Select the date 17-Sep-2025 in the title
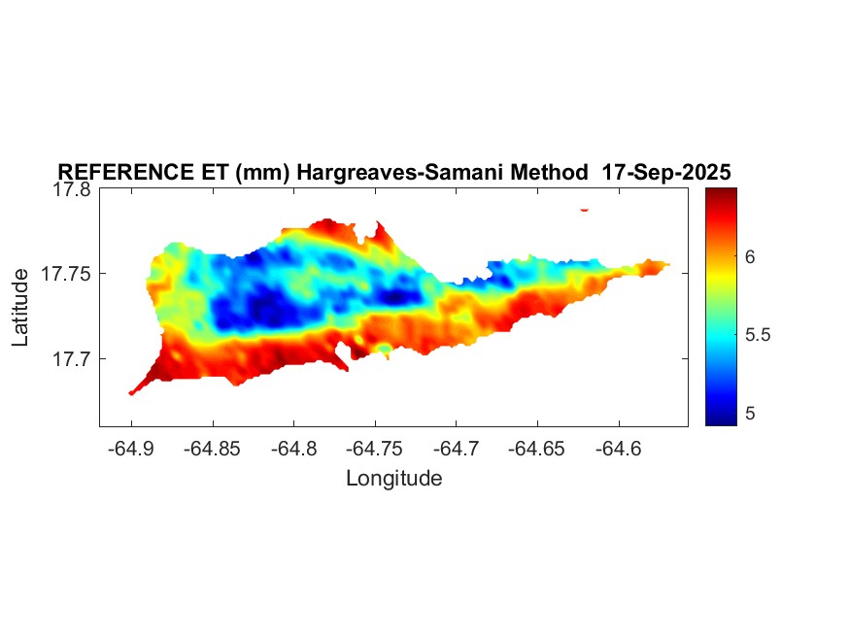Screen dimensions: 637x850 pyautogui.click(x=666, y=172)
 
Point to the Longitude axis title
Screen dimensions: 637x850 pyautogui.click(x=393, y=478)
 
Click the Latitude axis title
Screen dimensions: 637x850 pyautogui.click(x=20, y=308)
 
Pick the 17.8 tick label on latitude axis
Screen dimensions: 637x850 pyautogui.click(x=72, y=189)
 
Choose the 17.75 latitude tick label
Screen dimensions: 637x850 pyautogui.click(x=66, y=274)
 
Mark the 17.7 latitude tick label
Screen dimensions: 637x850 pyautogui.click(x=72, y=358)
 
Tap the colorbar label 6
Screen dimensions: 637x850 pyautogui.click(x=750, y=256)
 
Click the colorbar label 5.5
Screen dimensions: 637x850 pyautogui.click(x=757, y=335)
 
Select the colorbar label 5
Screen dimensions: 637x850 pyautogui.click(x=750, y=414)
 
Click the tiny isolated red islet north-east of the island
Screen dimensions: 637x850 pyautogui.click(x=585, y=209)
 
